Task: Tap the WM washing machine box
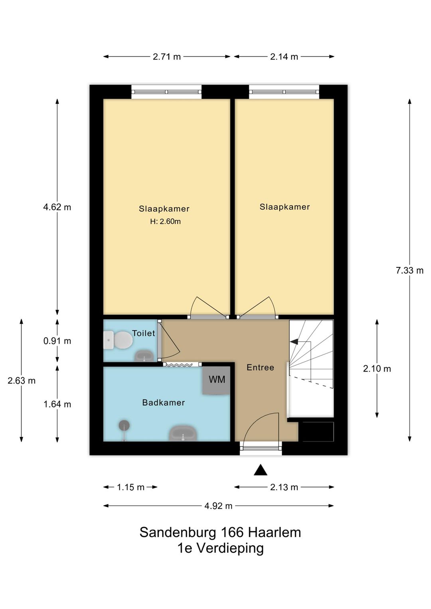click(216, 380)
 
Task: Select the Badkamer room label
click(164, 403)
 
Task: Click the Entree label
click(260, 368)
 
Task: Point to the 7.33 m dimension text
click(409, 271)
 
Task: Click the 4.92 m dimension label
click(218, 506)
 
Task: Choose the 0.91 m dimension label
click(57, 341)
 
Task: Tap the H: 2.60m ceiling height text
click(165, 221)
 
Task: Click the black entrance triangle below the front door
click(261, 470)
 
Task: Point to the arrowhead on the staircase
click(294, 342)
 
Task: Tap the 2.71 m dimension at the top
click(167, 57)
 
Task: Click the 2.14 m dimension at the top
click(284, 57)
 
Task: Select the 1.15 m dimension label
click(130, 487)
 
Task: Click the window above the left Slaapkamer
click(166, 92)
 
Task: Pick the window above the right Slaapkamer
click(284, 92)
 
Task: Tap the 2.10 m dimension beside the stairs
click(377, 369)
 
